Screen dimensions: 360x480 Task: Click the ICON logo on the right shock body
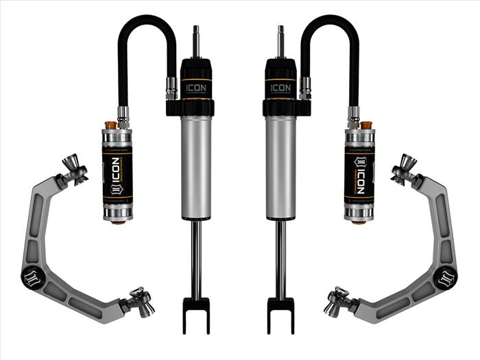click(x=280, y=87)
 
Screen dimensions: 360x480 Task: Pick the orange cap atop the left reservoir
click(x=110, y=125)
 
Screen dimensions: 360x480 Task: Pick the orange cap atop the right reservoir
click(x=366, y=125)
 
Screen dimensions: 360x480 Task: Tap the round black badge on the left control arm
click(x=34, y=278)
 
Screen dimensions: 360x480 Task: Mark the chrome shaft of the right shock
click(x=280, y=261)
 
